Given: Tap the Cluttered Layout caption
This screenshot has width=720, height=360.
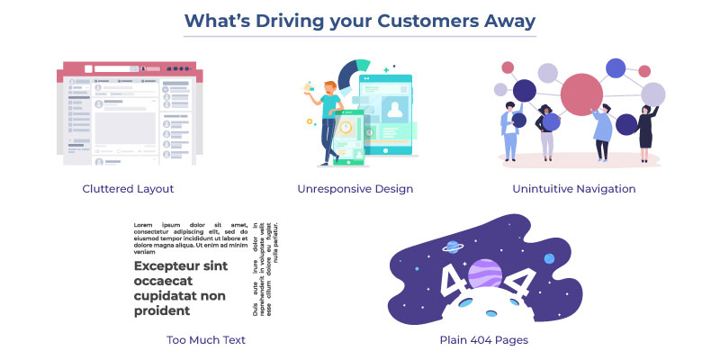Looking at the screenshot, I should [x=128, y=189].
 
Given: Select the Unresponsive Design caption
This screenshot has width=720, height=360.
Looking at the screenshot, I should [x=355, y=189].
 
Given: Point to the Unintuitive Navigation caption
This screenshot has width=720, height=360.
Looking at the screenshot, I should [x=573, y=189].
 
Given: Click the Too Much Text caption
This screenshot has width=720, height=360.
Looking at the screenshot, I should [x=206, y=340].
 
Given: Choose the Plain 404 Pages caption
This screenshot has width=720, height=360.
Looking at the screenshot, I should [x=483, y=340].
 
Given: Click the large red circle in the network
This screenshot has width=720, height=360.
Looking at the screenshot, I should [x=580, y=93].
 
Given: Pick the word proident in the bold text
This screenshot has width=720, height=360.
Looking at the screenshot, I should [x=162, y=310].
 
